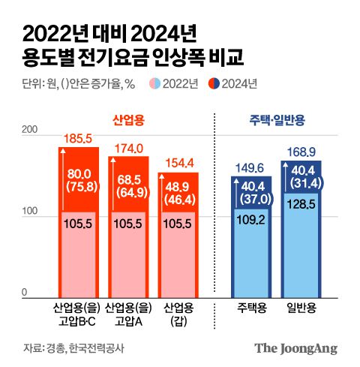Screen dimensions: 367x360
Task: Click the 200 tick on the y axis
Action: coord(31,131)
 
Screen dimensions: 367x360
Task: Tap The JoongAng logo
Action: coord(295,348)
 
